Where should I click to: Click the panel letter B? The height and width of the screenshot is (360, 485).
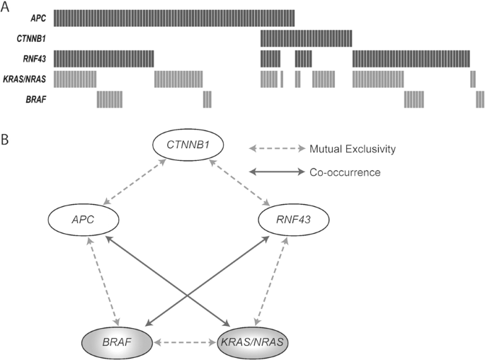pos(6,140)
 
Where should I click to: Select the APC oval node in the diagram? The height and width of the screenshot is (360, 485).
pos(81,221)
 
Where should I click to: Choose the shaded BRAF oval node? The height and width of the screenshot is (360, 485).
pos(117,342)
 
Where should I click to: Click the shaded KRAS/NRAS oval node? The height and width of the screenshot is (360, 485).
pos(259,342)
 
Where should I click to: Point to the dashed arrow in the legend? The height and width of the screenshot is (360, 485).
pos(275,149)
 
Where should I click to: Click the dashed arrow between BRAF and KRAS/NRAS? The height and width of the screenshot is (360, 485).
pos(188,342)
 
